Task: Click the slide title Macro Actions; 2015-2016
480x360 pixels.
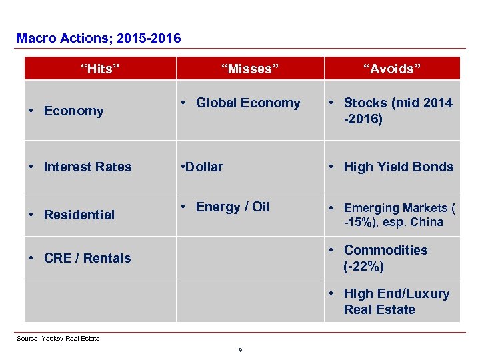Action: pyautogui.click(x=99, y=39)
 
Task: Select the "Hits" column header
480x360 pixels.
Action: pyautogui.click(x=100, y=69)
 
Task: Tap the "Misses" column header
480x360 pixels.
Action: pyautogui.click(x=250, y=69)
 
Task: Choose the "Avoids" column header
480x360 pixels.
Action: pyautogui.click(x=392, y=69)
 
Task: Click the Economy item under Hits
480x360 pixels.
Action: pyautogui.click(x=73, y=111)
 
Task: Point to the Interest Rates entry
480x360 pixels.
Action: pyautogui.click(x=87, y=167)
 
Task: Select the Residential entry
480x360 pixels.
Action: pyautogui.click(x=79, y=215)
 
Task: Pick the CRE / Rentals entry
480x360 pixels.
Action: pyautogui.click(x=87, y=258)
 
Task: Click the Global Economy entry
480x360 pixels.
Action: pyautogui.click(x=247, y=103)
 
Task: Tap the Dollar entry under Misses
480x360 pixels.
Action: pyautogui.click(x=203, y=167)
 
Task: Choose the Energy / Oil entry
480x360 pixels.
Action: pyautogui.click(x=232, y=207)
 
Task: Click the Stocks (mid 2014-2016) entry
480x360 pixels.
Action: pyautogui.click(x=397, y=111)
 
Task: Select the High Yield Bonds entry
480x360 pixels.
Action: pyautogui.click(x=398, y=167)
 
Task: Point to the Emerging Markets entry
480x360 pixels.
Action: pyautogui.click(x=399, y=215)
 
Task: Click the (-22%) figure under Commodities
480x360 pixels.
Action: pyautogui.click(x=363, y=267)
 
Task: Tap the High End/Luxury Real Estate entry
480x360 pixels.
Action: pyautogui.click(x=396, y=301)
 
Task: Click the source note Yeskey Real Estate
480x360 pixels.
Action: pyautogui.click(x=58, y=339)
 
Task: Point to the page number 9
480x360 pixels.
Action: pyautogui.click(x=240, y=349)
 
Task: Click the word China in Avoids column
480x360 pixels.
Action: pyautogui.click(x=427, y=223)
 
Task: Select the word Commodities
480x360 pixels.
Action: pyautogui.click(x=385, y=250)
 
